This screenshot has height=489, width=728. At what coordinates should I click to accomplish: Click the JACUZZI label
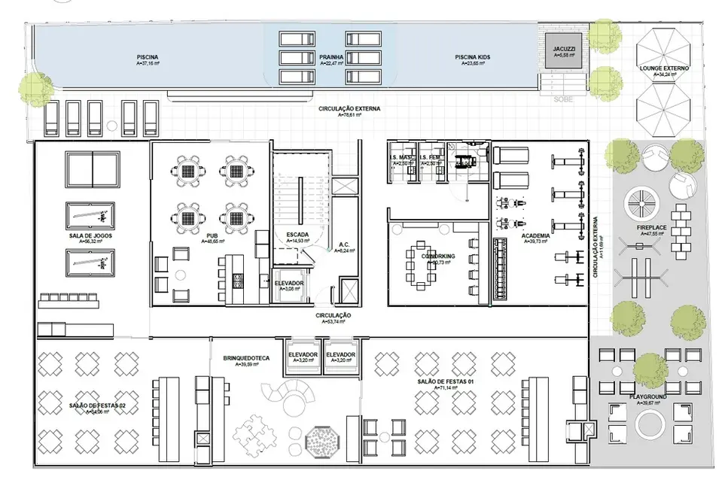pyautogui.click(x=565, y=49)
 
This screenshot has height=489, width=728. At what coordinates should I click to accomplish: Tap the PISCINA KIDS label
pyautogui.click(x=474, y=57)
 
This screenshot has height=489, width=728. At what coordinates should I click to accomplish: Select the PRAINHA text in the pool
pyautogui.click(x=331, y=57)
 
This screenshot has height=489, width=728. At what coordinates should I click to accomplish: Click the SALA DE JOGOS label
pyautogui.click(x=90, y=235)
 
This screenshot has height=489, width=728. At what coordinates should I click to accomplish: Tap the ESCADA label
pyautogui.click(x=298, y=235)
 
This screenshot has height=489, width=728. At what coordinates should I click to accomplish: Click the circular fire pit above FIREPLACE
pyautogui.click(x=641, y=201)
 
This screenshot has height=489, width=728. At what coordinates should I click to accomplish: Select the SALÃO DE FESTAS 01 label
pyautogui.click(x=449, y=382)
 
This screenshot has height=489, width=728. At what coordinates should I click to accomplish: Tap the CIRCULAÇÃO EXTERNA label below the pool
pyautogui.click(x=349, y=109)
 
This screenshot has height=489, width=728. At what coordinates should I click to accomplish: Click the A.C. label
pyautogui.click(x=343, y=244)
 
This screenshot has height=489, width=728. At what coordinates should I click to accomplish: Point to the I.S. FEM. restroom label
pyautogui.click(x=432, y=158)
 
